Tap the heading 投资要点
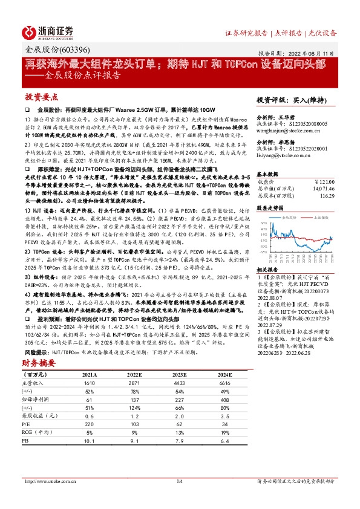pyautogui.click(x=41, y=97)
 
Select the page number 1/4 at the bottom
pyautogui.click(x=179, y=481)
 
